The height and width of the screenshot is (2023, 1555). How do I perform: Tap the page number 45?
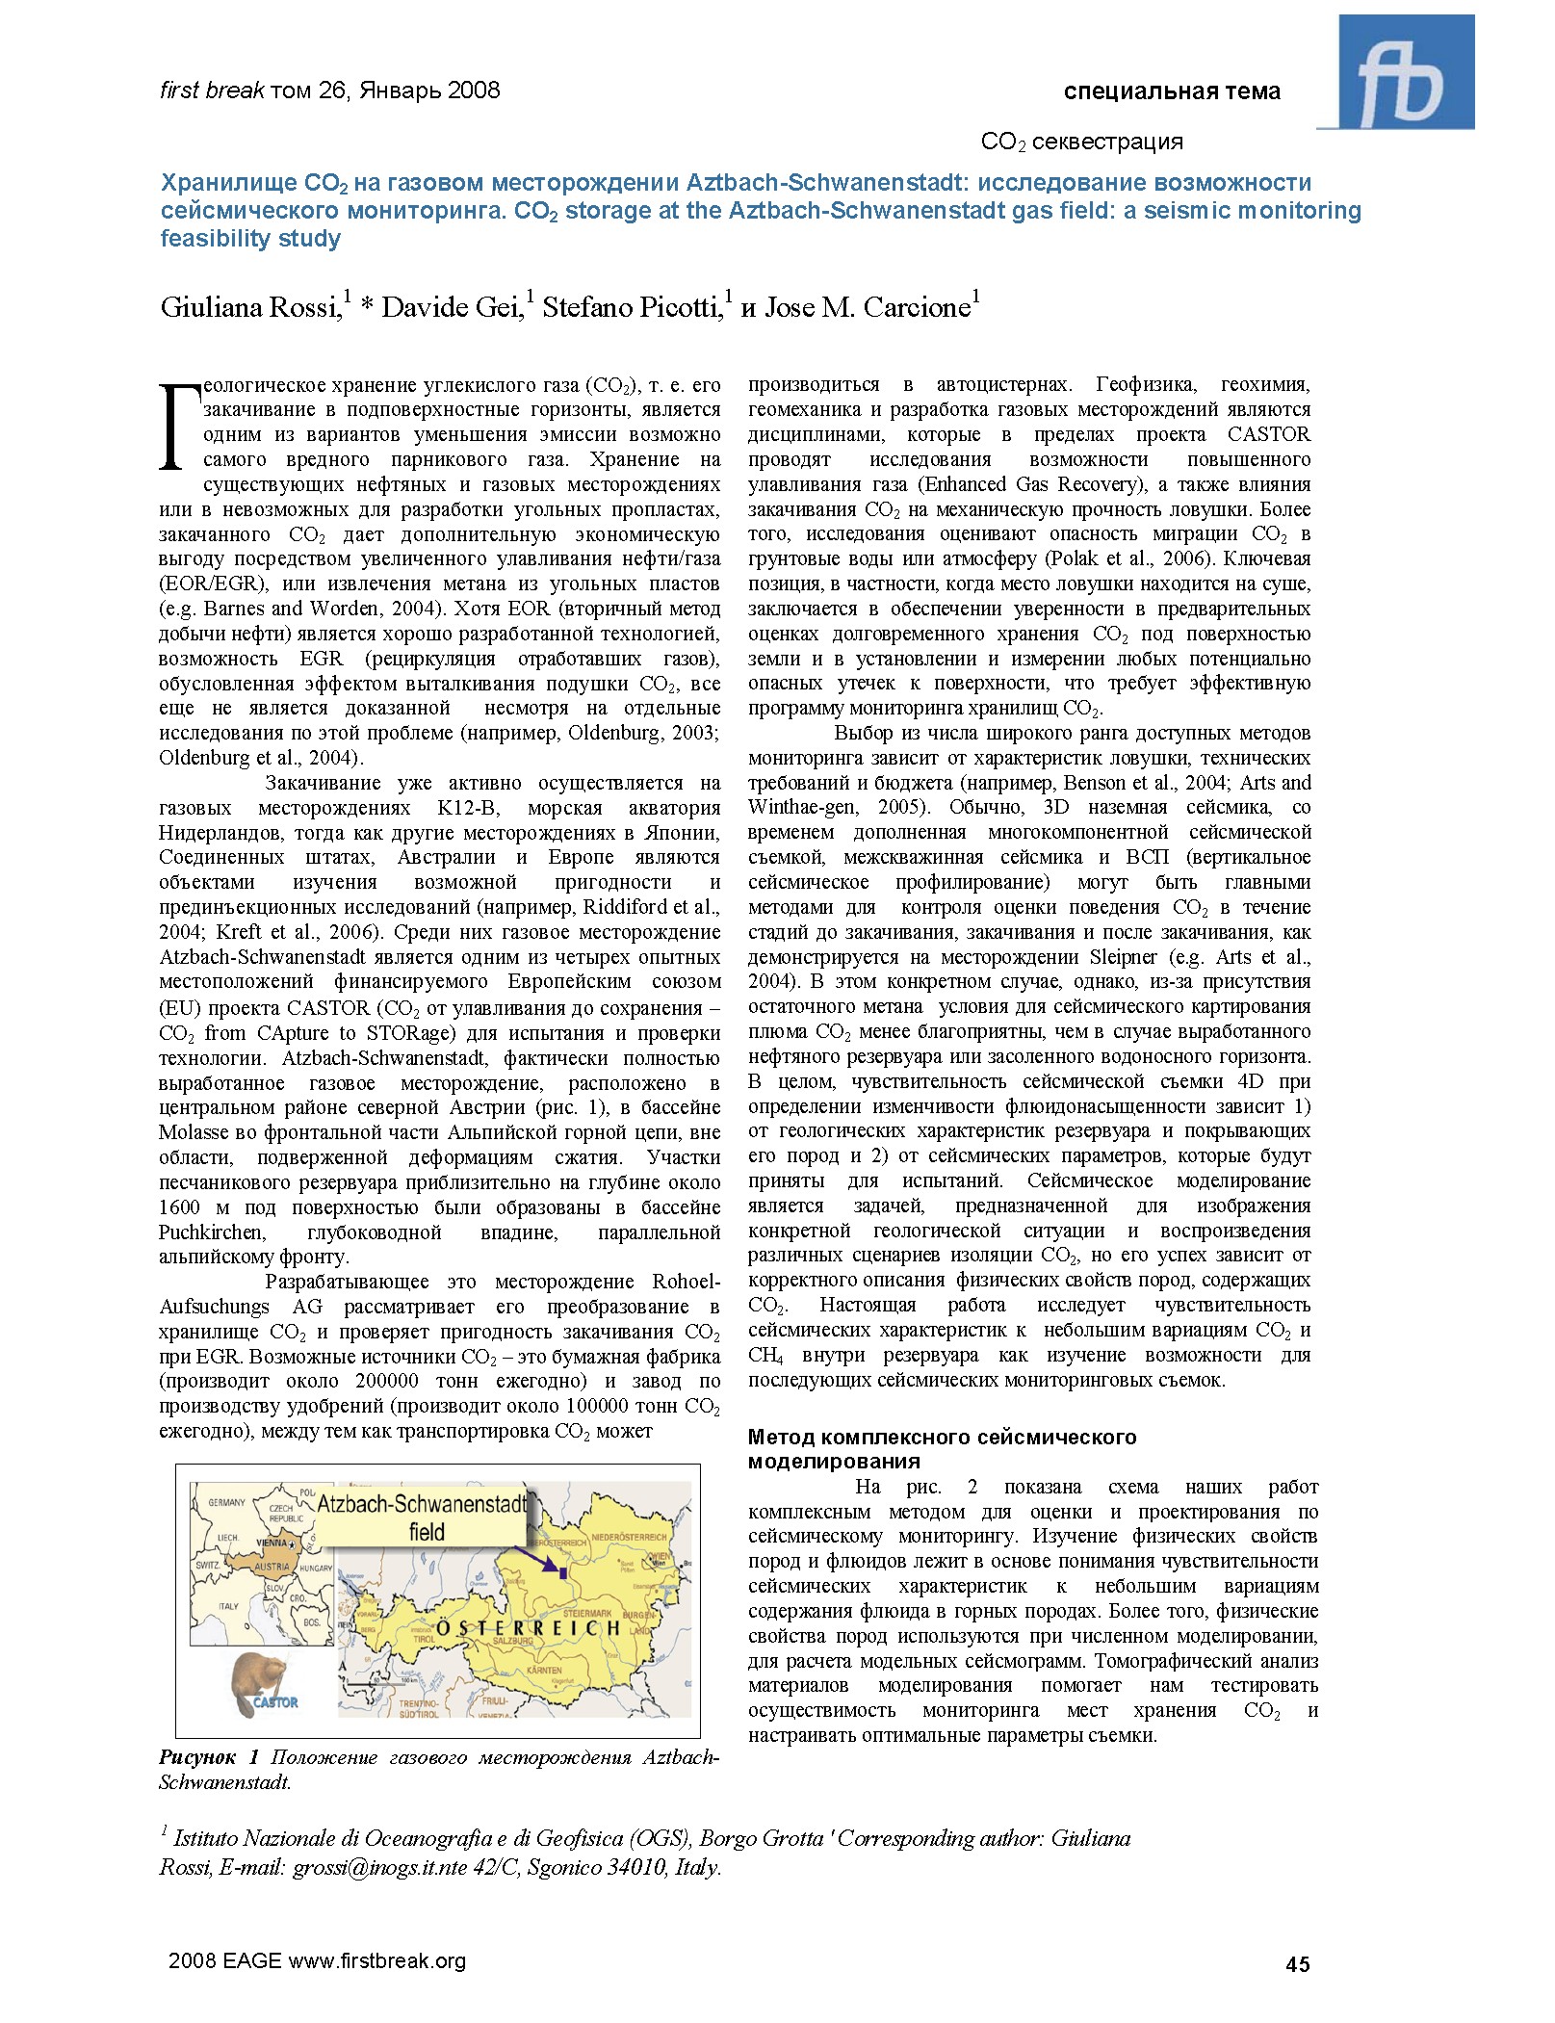[x=1297, y=1964]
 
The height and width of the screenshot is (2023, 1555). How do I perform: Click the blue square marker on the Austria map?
[x=562, y=1573]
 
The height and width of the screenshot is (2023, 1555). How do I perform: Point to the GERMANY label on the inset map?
[x=226, y=1503]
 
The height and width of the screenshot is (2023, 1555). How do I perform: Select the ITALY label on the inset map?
[x=228, y=1606]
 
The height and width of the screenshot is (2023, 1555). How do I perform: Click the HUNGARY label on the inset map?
[x=316, y=1569]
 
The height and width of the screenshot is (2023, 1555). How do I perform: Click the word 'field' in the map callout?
[x=427, y=1532]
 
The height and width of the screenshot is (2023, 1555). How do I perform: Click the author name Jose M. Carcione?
[x=867, y=307]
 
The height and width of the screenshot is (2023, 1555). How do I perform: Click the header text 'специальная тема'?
[x=1171, y=91]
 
